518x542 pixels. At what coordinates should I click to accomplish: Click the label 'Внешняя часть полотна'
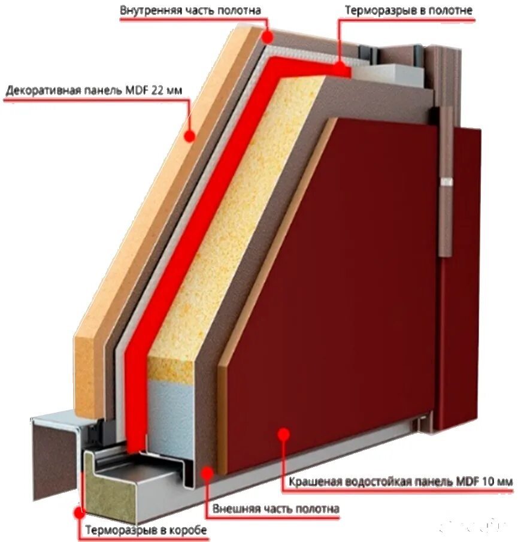276,509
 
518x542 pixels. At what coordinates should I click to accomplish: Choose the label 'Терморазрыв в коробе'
146,531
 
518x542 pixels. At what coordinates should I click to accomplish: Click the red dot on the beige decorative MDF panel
190,136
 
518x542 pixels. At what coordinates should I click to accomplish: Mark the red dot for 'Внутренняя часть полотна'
268,37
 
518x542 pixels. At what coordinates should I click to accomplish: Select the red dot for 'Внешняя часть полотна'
207,474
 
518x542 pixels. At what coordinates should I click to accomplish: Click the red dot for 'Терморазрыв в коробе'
78,513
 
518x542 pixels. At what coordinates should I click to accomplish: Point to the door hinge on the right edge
446,180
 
